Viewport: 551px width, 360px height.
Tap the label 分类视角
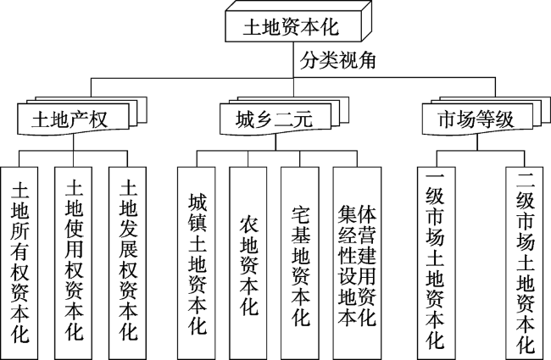338,62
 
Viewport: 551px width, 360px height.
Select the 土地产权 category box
71,116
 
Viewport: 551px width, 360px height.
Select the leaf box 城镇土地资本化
198,255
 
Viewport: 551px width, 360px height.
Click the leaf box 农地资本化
250,255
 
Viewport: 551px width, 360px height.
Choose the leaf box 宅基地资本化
302,255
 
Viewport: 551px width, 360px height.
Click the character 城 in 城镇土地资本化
198,203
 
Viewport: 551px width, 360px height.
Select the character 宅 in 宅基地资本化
302,212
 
